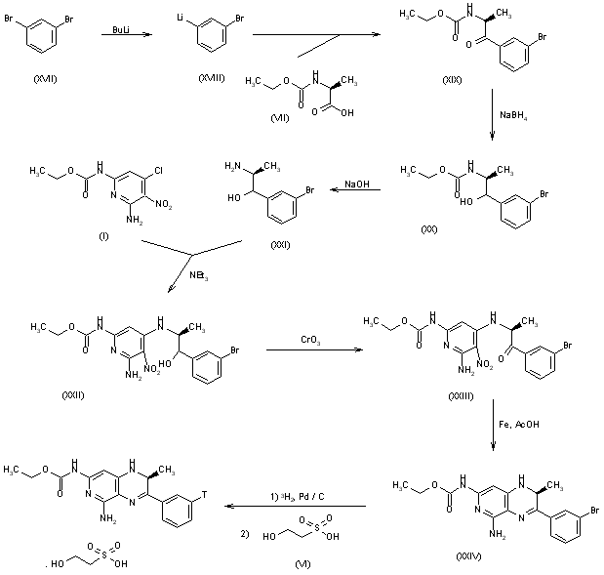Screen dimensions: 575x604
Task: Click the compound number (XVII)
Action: pos(45,75)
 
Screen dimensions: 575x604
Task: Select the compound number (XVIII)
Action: pos(209,78)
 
